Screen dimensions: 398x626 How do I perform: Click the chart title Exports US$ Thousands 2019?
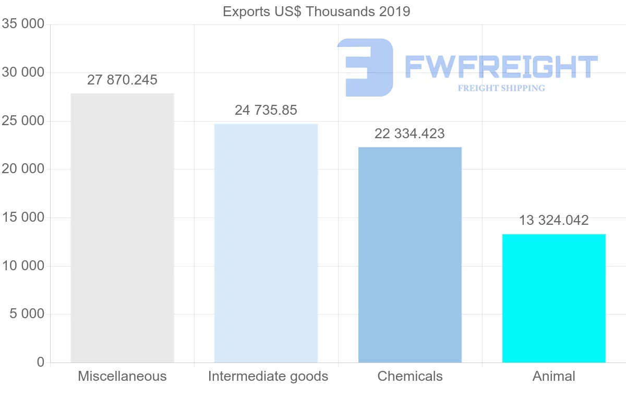(x=316, y=11)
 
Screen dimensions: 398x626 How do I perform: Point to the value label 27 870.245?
(x=122, y=80)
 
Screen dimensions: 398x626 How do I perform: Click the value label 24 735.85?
(x=266, y=110)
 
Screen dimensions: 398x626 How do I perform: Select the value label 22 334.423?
(x=410, y=134)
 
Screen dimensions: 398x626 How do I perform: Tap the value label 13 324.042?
(x=553, y=220)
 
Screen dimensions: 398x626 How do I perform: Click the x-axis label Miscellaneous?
(x=122, y=376)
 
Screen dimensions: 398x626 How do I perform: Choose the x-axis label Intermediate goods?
(x=268, y=376)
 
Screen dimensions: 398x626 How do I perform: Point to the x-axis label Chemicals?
(x=410, y=376)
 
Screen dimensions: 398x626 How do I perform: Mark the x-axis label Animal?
(x=553, y=376)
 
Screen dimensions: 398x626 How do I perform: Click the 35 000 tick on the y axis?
(x=23, y=24)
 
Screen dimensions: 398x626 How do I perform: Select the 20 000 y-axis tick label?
(x=23, y=169)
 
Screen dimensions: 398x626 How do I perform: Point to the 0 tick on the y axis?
(x=41, y=362)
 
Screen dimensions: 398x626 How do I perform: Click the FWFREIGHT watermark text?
(x=501, y=67)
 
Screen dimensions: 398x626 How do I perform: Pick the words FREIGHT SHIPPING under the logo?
(x=501, y=88)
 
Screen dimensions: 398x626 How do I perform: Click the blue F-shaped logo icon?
(x=366, y=67)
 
